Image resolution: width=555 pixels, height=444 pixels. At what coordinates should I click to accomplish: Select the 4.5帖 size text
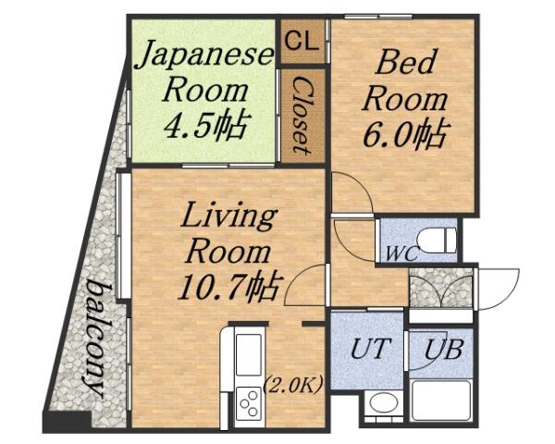pyautogui.click(x=205, y=125)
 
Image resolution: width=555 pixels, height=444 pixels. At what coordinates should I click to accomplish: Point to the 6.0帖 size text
pyautogui.click(x=404, y=134)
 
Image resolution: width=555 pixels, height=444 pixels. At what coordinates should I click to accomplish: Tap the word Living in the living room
pyautogui.click(x=228, y=218)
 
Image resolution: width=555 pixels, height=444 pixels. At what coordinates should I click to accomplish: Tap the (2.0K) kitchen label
pyautogui.click(x=293, y=385)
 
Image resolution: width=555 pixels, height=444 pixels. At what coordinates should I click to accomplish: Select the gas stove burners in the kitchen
pyautogui.click(x=249, y=403)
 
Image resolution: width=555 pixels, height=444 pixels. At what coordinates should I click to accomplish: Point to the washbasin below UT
pyautogui.click(x=381, y=403)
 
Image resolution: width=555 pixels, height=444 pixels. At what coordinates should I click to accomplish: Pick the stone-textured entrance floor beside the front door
pyautogui.click(x=439, y=288)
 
